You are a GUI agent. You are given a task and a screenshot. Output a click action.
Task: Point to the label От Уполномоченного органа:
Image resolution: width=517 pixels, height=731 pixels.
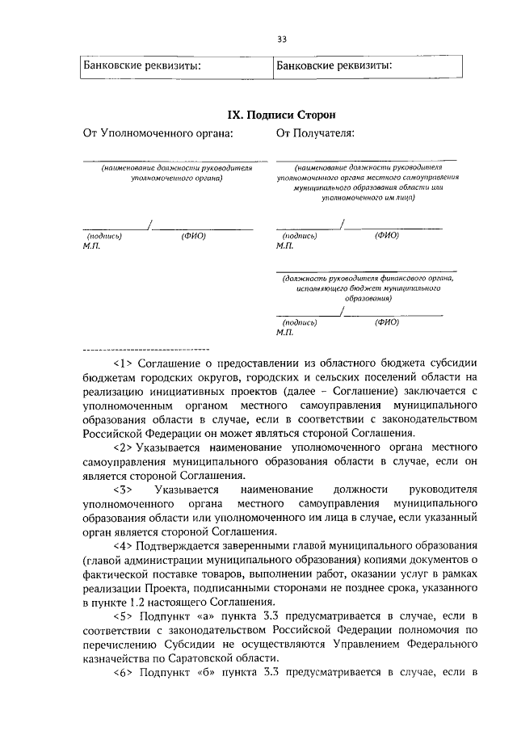[x=158, y=134]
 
